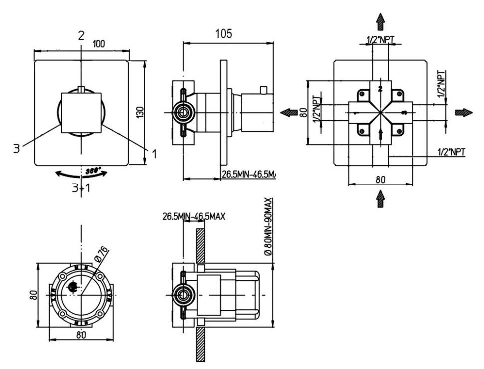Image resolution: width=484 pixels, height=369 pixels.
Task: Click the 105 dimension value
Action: (224, 34)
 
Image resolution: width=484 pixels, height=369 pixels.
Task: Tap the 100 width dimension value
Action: (99, 44)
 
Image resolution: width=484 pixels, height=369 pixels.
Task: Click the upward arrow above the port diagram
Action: (380, 21)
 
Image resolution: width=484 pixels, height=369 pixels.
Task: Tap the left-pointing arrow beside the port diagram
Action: (289, 113)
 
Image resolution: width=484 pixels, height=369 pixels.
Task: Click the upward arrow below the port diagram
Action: (380, 199)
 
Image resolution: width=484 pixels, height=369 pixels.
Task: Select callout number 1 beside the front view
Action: (154, 154)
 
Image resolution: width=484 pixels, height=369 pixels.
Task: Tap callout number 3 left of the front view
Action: (16, 148)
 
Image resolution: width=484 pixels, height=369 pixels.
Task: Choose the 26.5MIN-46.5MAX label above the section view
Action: (194, 217)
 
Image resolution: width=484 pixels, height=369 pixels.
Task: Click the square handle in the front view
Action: (81, 113)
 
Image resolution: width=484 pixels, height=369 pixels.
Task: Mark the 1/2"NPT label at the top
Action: (380, 40)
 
